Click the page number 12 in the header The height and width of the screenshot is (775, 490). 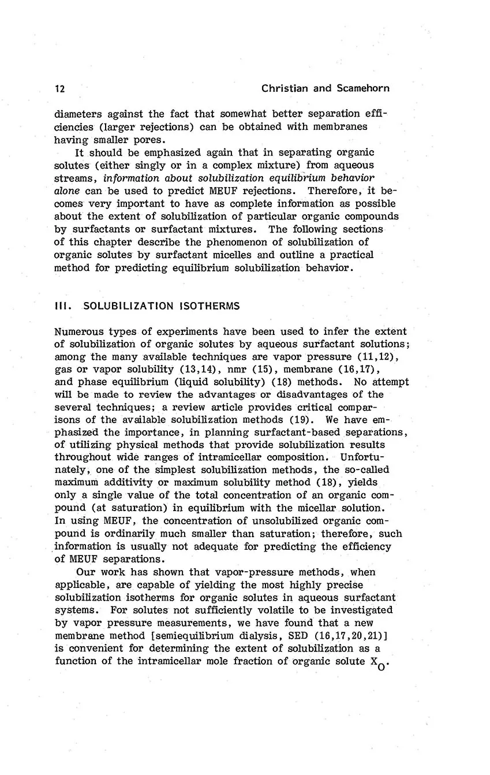click(59, 88)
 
